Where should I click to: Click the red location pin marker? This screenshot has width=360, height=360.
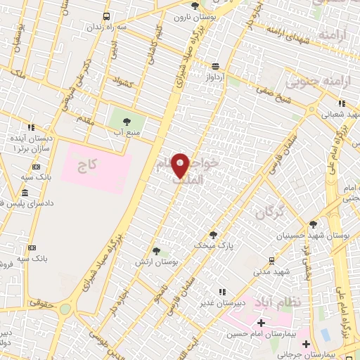coord(181,165)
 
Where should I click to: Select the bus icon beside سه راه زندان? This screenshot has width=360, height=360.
coord(106,15)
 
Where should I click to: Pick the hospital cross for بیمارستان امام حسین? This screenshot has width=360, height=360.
coord(261,322)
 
